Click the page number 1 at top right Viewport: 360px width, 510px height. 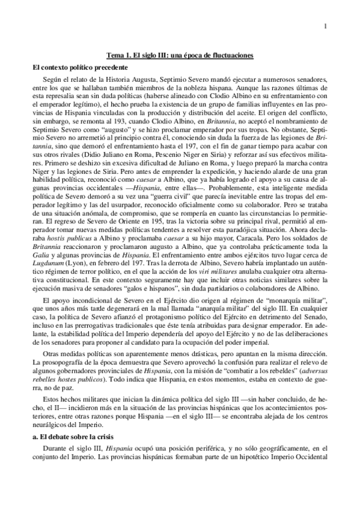(x=325, y=25)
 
